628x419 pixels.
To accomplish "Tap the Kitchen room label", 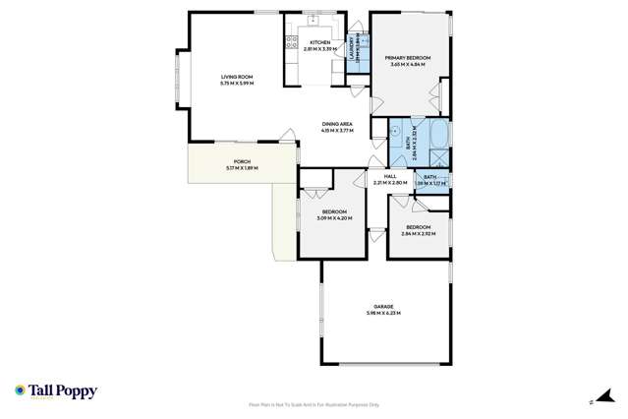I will tap(320, 42).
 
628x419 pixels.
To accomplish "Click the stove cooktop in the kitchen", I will tap(290, 41).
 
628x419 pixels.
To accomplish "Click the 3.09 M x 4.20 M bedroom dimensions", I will tap(334, 217).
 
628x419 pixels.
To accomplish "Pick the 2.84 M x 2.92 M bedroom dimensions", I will tap(419, 233).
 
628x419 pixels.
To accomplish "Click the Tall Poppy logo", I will tap(55, 391).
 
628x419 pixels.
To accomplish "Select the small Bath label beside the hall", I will tap(429, 177).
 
